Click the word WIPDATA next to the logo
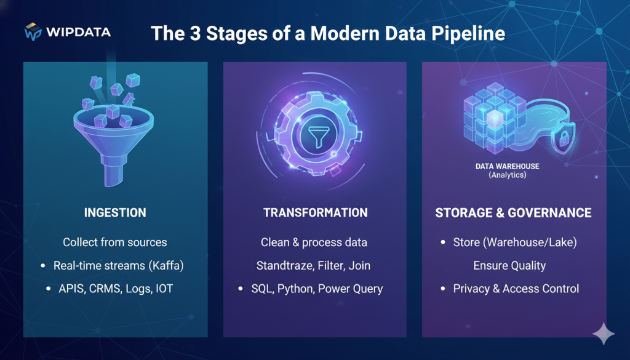pyautogui.click(x=78, y=31)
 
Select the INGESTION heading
pyautogui.click(x=115, y=213)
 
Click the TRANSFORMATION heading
pyautogui.click(x=315, y=213)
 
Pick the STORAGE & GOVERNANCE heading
pyautogui.click(x=513, y=213)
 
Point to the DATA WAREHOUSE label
pyautogui.click(x=507, y=166)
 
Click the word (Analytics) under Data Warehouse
pyautogui.click(x=507, y=175)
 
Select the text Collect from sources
pyautogui.click(x=115, y=242)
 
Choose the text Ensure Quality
pyautogui.click(x=509, y=266)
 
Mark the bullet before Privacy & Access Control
pyautogui.click(x=443, y=289)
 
